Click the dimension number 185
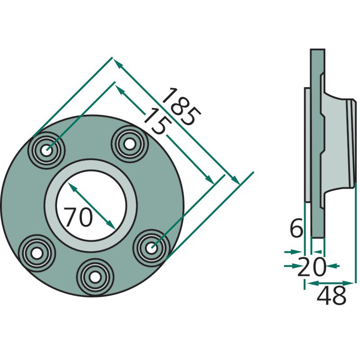(181, 107)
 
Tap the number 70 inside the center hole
(78, 217)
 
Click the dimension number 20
(311, 267)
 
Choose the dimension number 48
(331, 296)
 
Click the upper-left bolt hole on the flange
(47, 150)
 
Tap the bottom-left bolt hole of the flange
(37, 253)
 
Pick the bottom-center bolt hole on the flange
(95, 277)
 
